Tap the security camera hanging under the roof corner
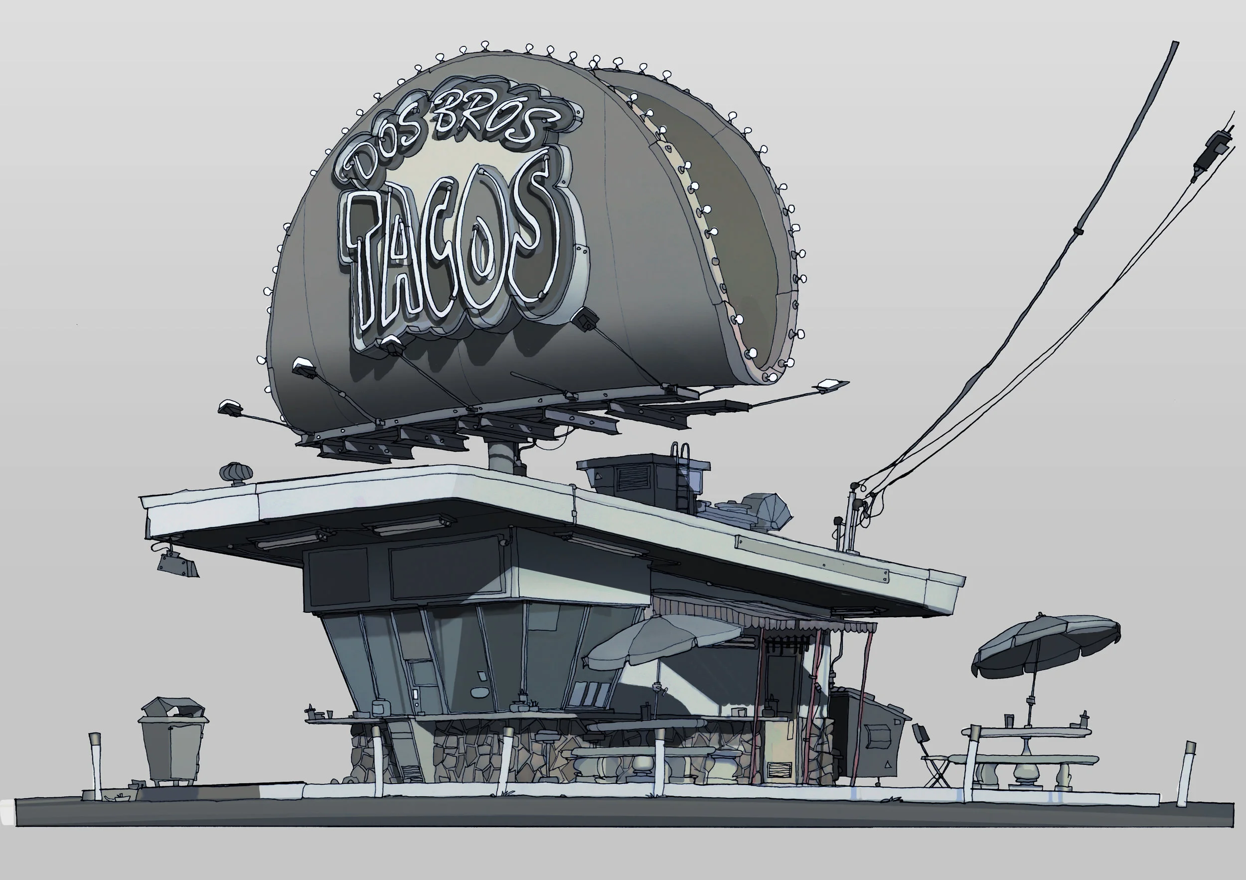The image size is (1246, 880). [x=177, y=564]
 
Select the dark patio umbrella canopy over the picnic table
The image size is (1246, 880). [x=1045, y=644]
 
